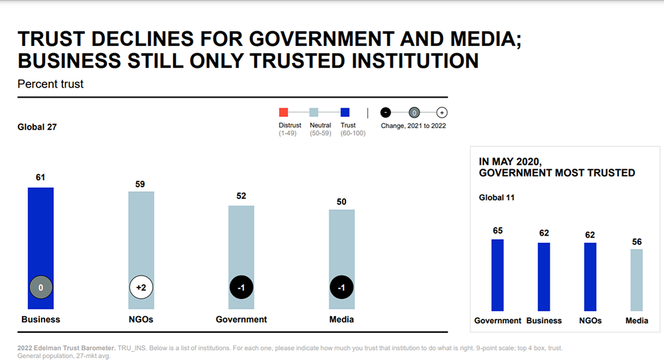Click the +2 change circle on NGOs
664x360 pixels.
point(141,288)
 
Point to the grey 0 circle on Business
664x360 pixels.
point(41,288)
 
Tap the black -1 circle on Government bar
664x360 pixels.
point(241,288)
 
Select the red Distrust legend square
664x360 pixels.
point(284,112)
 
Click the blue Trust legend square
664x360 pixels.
point(345,112)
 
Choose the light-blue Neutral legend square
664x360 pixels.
point(315,112)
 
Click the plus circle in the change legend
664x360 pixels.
point(442,112)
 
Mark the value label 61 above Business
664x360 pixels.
point(41,177)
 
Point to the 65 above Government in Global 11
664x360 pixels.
point(497,230)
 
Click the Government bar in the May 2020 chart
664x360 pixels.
point(497,275)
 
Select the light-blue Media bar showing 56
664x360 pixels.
point(636,280)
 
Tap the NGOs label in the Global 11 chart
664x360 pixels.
point(590,320)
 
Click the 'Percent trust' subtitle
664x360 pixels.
point(50,84)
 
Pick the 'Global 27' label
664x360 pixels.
point(37,127)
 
